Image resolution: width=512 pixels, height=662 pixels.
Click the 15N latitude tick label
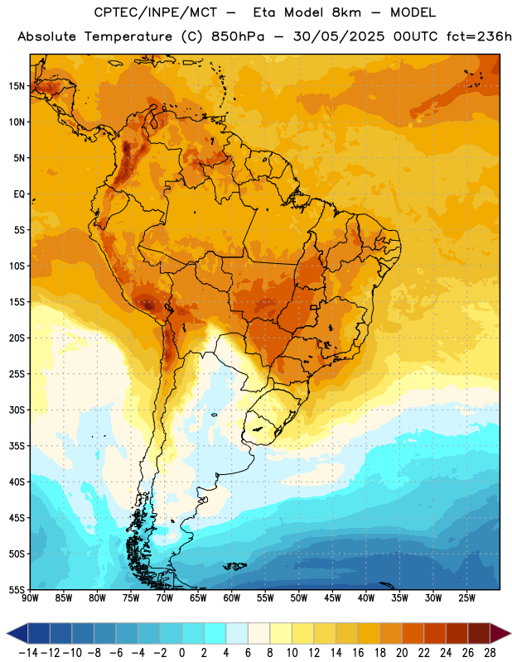17,86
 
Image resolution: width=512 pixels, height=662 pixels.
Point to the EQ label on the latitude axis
19,194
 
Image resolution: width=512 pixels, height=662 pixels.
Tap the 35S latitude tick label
17,446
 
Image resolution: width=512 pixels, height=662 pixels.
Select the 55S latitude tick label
17,589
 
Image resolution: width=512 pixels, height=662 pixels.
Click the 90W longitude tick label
30,598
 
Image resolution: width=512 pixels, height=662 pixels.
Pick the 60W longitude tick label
232,598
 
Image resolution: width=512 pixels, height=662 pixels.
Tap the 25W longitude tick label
466,598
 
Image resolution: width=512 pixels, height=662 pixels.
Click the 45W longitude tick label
332,598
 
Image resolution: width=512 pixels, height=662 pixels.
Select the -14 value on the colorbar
28,653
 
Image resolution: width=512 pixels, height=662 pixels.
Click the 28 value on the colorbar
490,653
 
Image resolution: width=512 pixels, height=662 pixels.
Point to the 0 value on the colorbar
181,653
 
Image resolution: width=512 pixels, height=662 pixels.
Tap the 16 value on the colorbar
358,653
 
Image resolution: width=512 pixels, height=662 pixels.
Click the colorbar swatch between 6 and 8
258,633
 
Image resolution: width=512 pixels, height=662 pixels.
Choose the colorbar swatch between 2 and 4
215,633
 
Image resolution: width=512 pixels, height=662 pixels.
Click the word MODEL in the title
413,12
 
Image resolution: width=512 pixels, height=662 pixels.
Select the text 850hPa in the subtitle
238,36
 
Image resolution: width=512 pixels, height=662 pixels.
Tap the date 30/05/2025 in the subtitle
339,36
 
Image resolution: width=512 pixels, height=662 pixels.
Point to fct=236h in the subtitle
479,36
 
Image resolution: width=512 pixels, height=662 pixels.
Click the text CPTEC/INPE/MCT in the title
155,12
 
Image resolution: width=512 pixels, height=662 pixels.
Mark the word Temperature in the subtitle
128,37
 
